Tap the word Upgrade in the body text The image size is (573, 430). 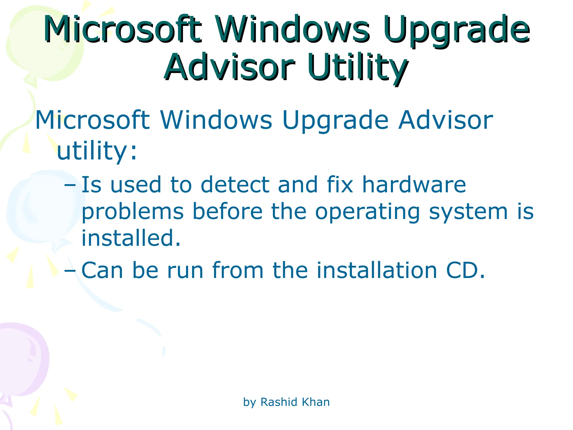pyautogui.click(x=335, y=121)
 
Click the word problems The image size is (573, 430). pyautogui.click(x=133, y=212)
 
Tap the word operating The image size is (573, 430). pyautogui.click(x=367, y=212)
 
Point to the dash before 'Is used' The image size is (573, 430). pyautogui.click(x=70, y=185)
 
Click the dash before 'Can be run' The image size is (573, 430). pyautogui.click(x=70, y=271)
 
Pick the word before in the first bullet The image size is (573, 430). pyautogui.click(x=228, y=212)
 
